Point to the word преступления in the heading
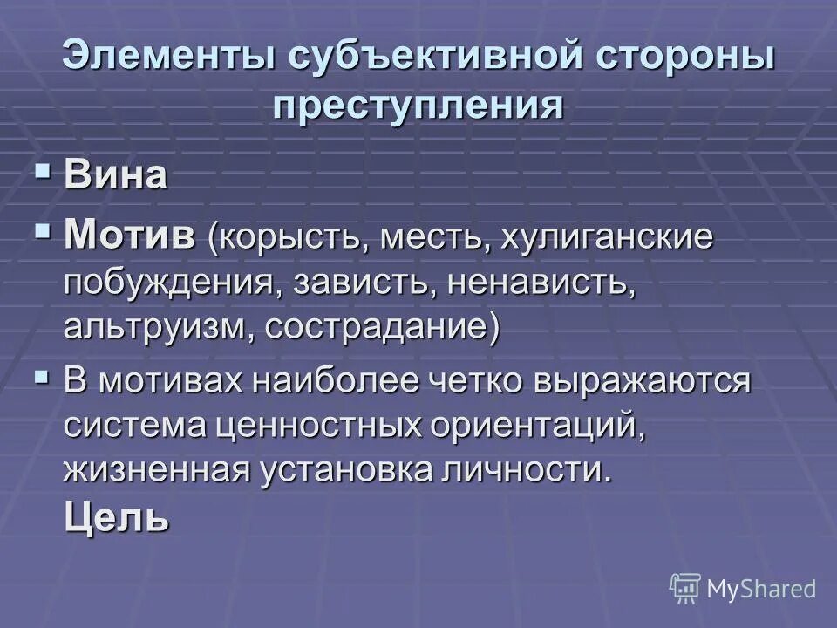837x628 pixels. point(418,106)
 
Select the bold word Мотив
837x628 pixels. point(130,235)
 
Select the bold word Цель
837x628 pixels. point(116,518)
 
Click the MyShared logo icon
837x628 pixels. point(685,588)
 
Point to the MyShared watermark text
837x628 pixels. point(761,590)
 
